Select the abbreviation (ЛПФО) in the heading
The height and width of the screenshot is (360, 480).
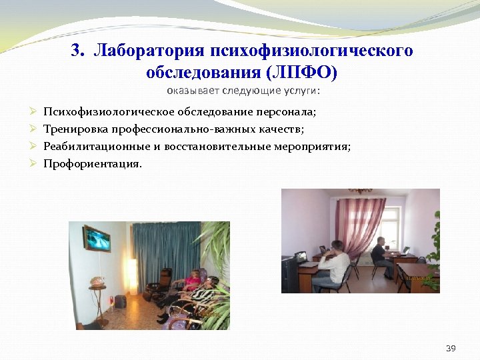302,71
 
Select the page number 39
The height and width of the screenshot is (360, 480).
451,348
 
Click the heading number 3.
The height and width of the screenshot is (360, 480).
77,51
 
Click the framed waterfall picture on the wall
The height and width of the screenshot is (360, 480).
96,239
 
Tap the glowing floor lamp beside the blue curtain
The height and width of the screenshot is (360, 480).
132,267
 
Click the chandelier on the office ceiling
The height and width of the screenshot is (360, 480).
361,191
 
